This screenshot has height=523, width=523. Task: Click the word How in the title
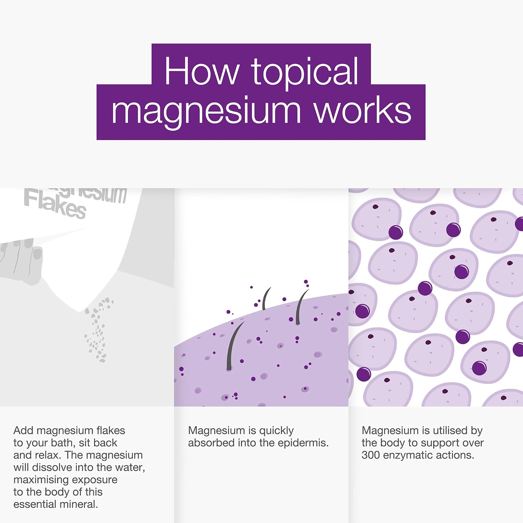click(201, 71)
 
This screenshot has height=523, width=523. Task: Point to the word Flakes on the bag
click(55, 205)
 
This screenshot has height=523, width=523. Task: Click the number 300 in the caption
click(371, 455)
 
